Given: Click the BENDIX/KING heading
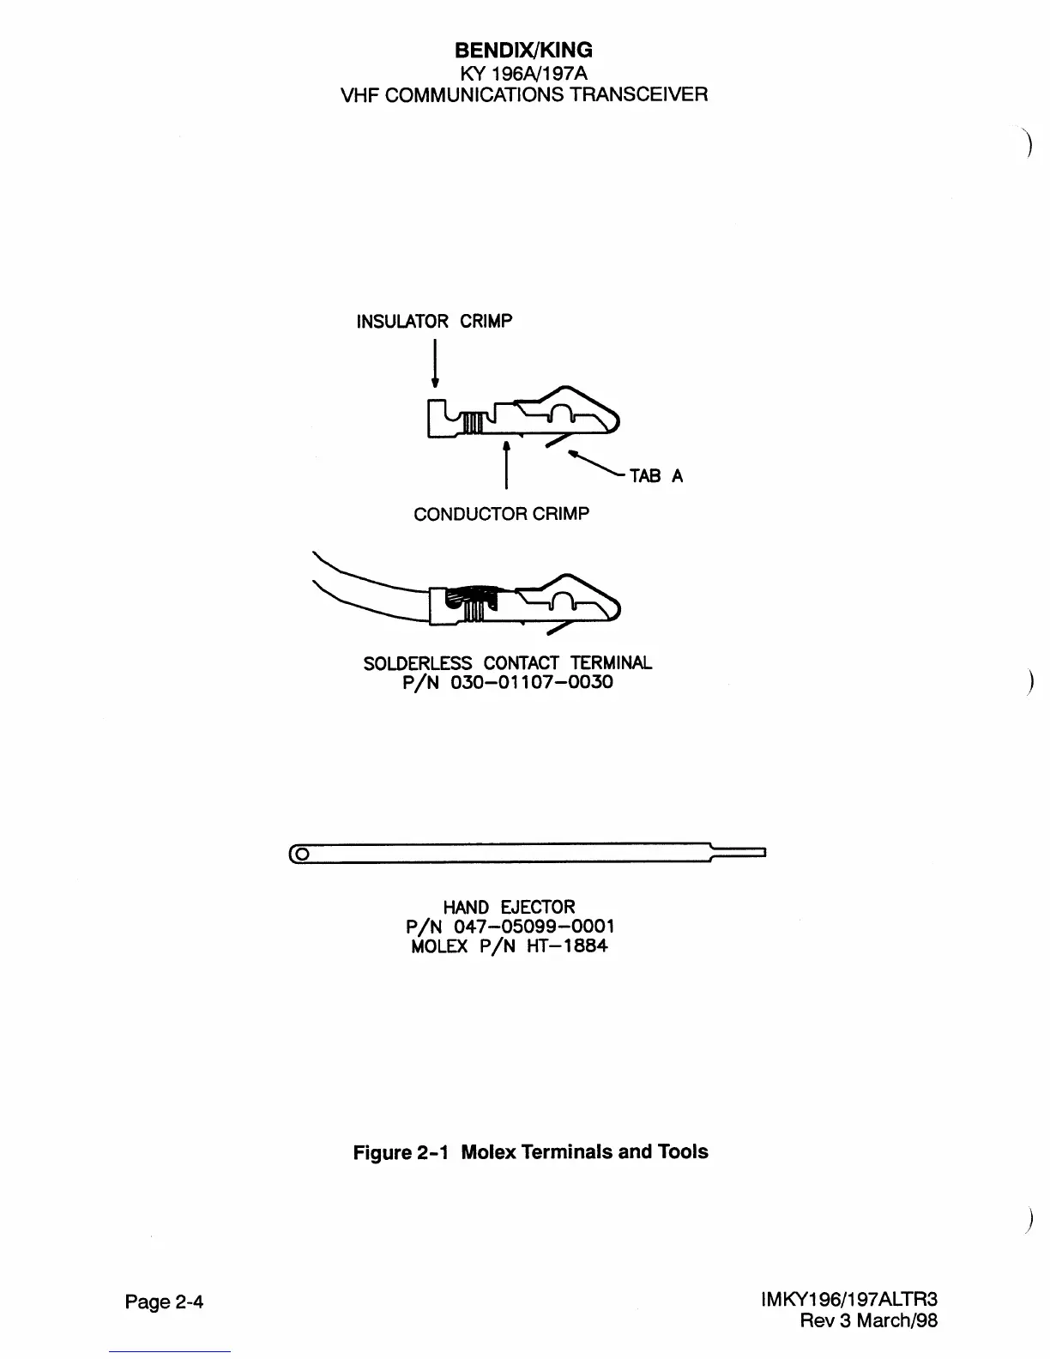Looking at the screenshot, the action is coord(524,51).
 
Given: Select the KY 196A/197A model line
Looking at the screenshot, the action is coord(524,73).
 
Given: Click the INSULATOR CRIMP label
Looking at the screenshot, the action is coord(434,322).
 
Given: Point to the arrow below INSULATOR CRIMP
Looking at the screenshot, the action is coord(435,365).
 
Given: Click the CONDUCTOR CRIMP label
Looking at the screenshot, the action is coord(501,514).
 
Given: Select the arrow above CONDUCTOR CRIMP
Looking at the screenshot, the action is coord(507,464).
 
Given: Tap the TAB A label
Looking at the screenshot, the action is coord(656,476).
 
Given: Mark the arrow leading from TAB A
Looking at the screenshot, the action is coord(596,462).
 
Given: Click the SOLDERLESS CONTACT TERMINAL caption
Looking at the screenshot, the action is coord(507,663).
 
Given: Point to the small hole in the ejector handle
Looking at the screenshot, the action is coord(303,854).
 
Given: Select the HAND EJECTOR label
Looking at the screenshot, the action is coord(509,907).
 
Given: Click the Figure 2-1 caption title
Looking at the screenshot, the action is coord(530,1151).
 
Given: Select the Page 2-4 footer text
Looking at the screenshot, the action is coord(164,1302).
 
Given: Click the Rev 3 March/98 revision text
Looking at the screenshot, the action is coord(868,1320).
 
